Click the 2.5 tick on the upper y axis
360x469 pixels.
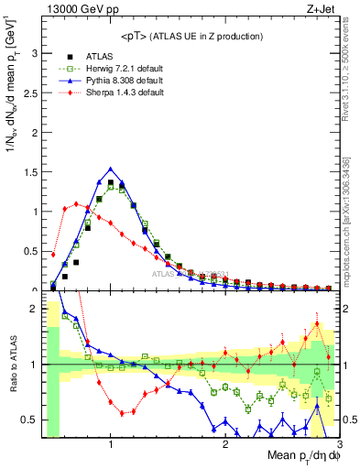tap(30, 93)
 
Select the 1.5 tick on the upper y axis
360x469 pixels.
tap(30, 171)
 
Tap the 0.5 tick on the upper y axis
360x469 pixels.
tap(30, 251)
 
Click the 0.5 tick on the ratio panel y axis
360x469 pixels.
tap(30, 420)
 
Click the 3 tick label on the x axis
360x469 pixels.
tap(340, 444)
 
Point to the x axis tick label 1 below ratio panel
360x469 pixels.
tap(111, 444)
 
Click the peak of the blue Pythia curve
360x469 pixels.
tap(111, 169)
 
